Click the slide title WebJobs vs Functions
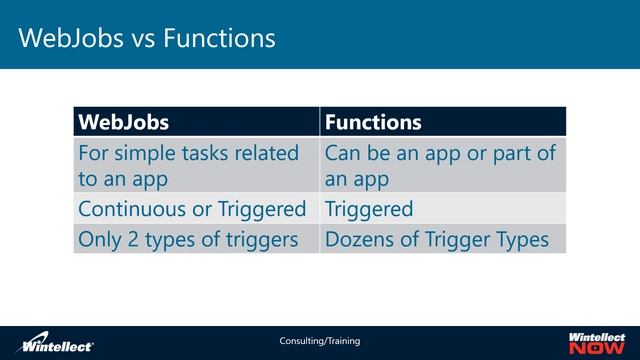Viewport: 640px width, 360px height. pyautogui.click(x=146, y=38)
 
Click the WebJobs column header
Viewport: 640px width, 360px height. pyautogui.click(x=124, y=122)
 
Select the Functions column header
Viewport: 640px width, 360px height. pyautogui.click(x=373, y=122)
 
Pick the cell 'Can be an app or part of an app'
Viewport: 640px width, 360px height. pyautogui.click(x=439, y=165)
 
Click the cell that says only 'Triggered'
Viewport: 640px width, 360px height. pyautogui.click(x=369, y=209)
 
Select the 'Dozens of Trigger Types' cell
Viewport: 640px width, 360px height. pyautogui.click(x=437, y=239)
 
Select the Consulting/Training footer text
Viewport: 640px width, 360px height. pyautogui.click(x=319, y=341)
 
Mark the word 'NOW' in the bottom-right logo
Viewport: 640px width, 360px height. pyautogui.click(x=597, y=349)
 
